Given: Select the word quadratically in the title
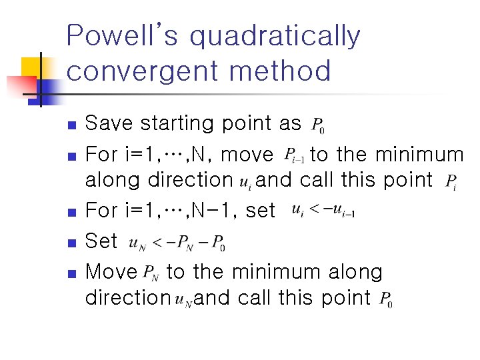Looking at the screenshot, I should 275,37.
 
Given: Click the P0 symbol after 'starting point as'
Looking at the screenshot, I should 318,125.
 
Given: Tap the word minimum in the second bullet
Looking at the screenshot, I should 419,155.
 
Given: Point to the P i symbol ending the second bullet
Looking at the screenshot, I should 451,182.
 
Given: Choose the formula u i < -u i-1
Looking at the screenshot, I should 323,211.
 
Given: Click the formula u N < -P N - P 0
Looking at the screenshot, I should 177,242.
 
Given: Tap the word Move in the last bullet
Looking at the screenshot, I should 111,272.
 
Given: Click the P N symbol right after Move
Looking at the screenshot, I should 151,273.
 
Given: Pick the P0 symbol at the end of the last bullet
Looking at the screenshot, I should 385,301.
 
